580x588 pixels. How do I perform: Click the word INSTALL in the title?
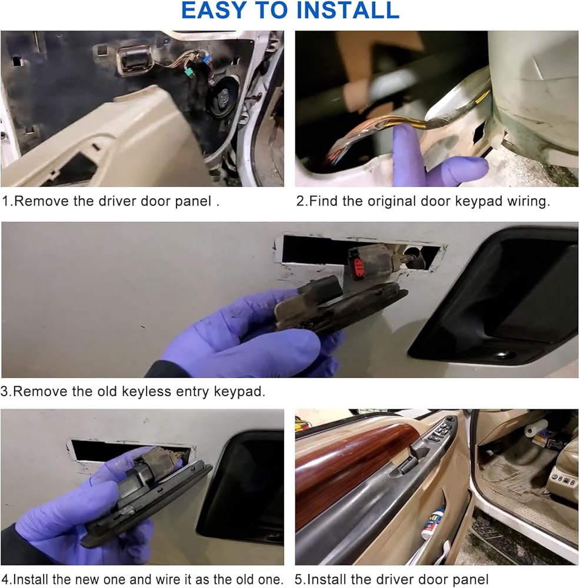tap(348, 10)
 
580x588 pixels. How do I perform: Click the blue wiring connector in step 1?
tap(206, 59)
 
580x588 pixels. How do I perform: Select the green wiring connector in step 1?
tap(189, 72)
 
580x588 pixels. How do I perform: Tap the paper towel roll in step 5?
tap(536, 427)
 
